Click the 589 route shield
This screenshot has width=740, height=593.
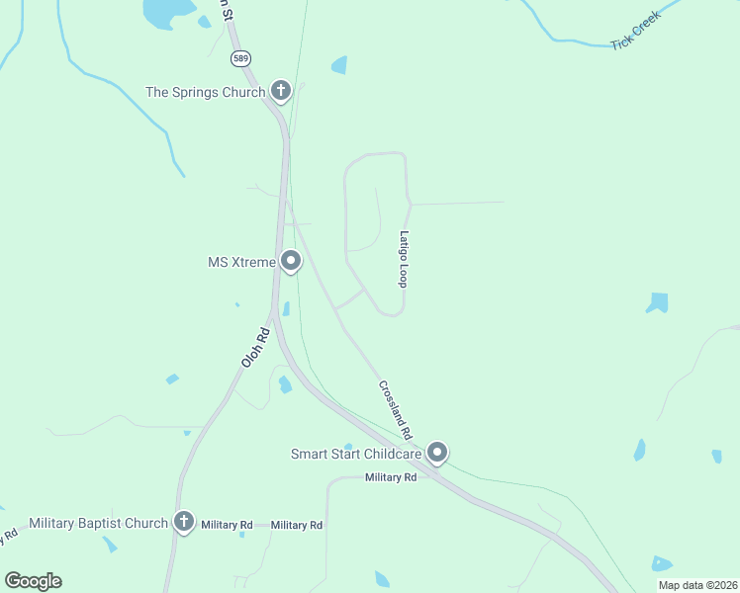pyautogui.click(x=241, y=58)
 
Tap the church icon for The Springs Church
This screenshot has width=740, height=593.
pyautogui.click(x=281, y=92)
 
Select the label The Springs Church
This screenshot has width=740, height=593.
pyautogui.click(x=205, y=92)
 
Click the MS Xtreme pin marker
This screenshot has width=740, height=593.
pyautogui.click(x=291, y=261)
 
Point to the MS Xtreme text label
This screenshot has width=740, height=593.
pyautogui.click(x=240, y=262)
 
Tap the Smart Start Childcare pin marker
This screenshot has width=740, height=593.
pyautogui.click(x=437, y=453)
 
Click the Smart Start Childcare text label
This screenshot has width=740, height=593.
pyautogui.click(x=356, y=455)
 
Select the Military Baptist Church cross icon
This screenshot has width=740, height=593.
pyautogui.click(x=183, y=522)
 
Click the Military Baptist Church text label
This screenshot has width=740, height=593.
pyautogui.click(x=99, y=523)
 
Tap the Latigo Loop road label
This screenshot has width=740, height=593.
pyautogui.click(x=404, y=259)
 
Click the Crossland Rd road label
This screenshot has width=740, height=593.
pyautogui.click(x=395, y=410)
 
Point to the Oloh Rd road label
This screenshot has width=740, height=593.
pyautogui.click(x=255, y=349)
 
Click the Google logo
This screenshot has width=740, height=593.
pyautogui.click(x=34, y=581)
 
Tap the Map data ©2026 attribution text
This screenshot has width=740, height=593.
pyautogui.click(x=696, y=585)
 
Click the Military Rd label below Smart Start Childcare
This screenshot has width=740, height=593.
pyautogui.click(x=391, y=477)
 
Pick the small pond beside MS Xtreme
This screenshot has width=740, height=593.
pyautogui.click(x=286, y=309)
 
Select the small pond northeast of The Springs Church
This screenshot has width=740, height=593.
pyautogui.click(x=339, y=65)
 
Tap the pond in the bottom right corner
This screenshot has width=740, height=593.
pyautogui.click(x=661, y=564)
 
